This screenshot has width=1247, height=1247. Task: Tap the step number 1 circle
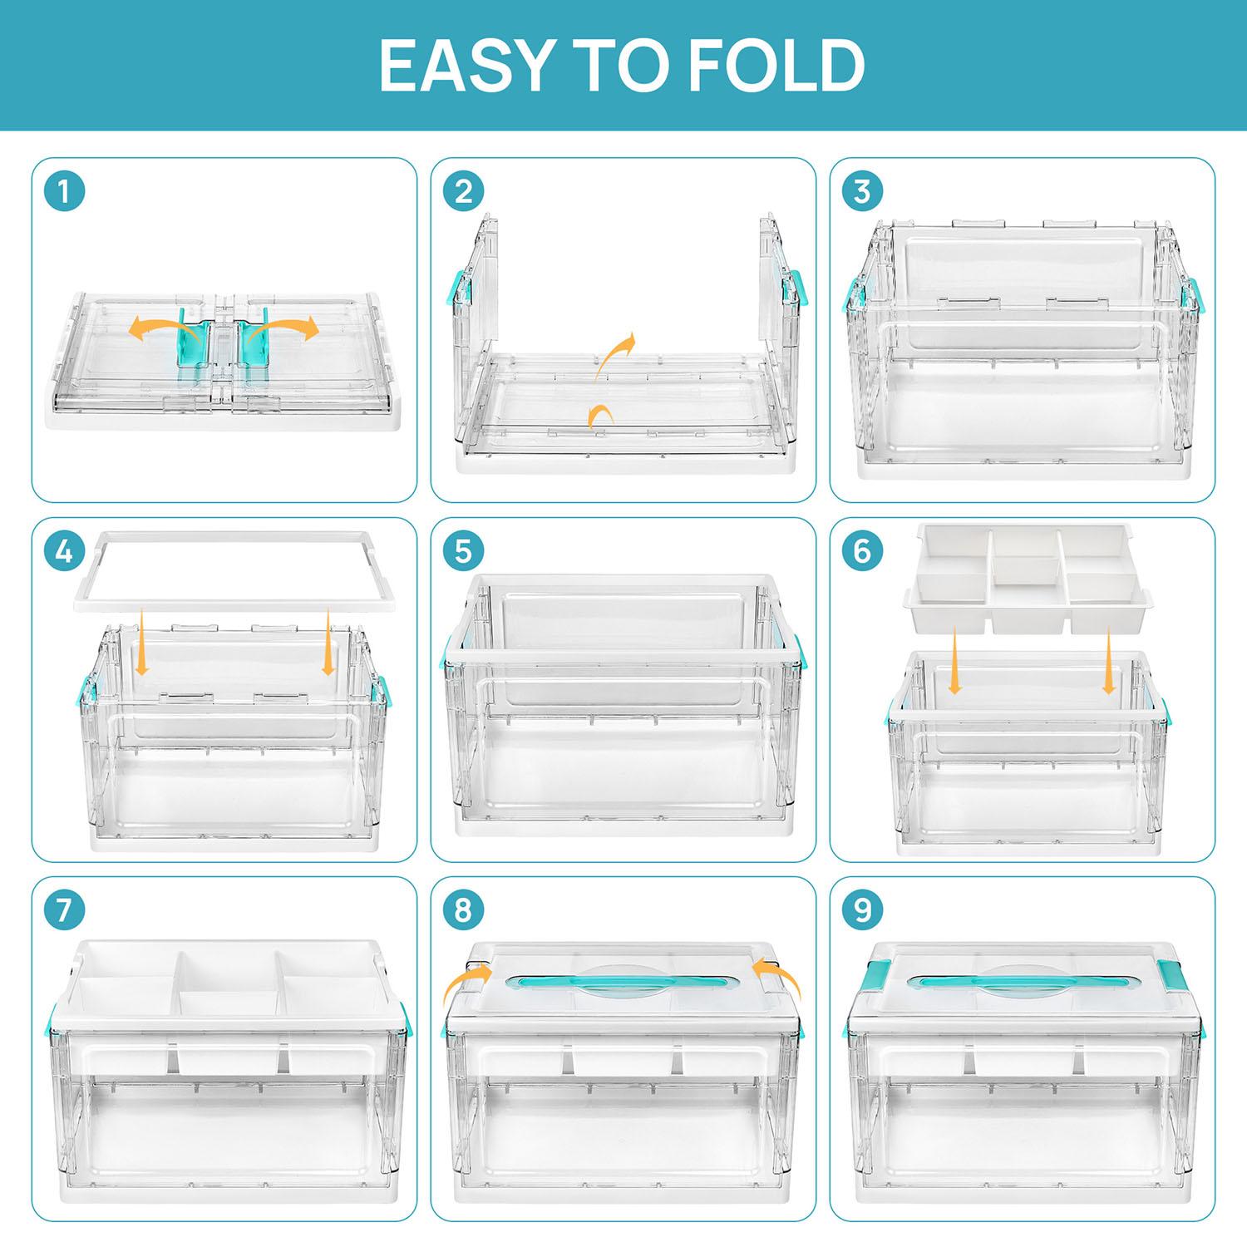click(x=64, y=192)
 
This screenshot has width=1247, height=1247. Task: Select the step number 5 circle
click(x=463, y=551)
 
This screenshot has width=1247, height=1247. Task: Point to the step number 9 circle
click(x=862, y=910)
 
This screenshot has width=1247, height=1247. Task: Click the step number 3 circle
click(x=862, y=192)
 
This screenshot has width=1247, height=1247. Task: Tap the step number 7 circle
click(x=64, y=910)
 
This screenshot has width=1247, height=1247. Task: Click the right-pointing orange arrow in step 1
click(x=287, y=328)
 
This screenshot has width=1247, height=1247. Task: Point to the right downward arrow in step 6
click(x=1108, y=661)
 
